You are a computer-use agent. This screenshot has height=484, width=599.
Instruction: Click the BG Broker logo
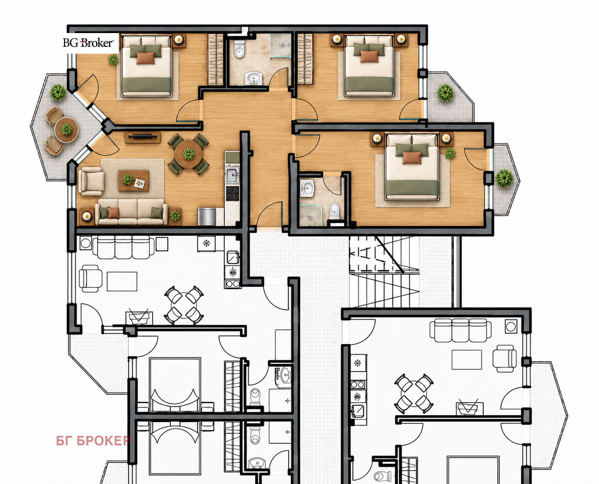[x=88, y=43]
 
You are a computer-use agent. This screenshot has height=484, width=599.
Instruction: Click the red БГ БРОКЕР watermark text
[x=93, y=441]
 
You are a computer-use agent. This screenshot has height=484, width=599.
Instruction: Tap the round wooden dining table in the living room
[x=188, y=154]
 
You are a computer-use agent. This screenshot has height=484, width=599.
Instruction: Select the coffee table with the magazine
[x=133, y=180]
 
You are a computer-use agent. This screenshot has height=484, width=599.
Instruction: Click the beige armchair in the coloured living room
[x=91, y=182]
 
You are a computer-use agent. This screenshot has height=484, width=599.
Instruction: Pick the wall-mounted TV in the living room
[x=142, y=137]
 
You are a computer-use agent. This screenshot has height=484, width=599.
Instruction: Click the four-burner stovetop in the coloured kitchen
[x=233, y=194]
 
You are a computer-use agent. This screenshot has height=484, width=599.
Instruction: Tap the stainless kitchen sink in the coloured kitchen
[x=232, y=175]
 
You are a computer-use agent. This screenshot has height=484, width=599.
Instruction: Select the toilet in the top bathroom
[x=239, y=49]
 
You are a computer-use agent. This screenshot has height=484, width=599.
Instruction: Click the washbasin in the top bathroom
[x=254, y=78]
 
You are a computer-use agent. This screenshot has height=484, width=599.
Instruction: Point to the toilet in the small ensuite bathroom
[x=334, y=211]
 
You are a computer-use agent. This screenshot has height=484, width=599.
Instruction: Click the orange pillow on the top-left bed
[x=145, y=58]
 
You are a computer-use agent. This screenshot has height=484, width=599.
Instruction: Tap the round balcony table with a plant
[x=67, y=130]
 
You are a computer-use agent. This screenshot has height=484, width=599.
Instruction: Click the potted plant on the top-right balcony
[x=445, y=93]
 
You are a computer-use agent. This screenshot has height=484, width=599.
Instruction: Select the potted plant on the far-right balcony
[x=505, y=178]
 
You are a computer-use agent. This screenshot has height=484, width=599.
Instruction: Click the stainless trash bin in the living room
[x=206, y=217]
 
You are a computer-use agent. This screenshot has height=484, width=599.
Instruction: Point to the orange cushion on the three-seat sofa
[x=113, y=213]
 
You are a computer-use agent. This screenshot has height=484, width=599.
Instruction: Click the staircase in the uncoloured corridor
[x=384, y=271]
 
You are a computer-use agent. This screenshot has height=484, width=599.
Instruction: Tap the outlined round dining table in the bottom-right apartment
[x=414, y=393]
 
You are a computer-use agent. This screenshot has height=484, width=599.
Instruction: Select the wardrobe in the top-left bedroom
[x=215, y=59]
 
